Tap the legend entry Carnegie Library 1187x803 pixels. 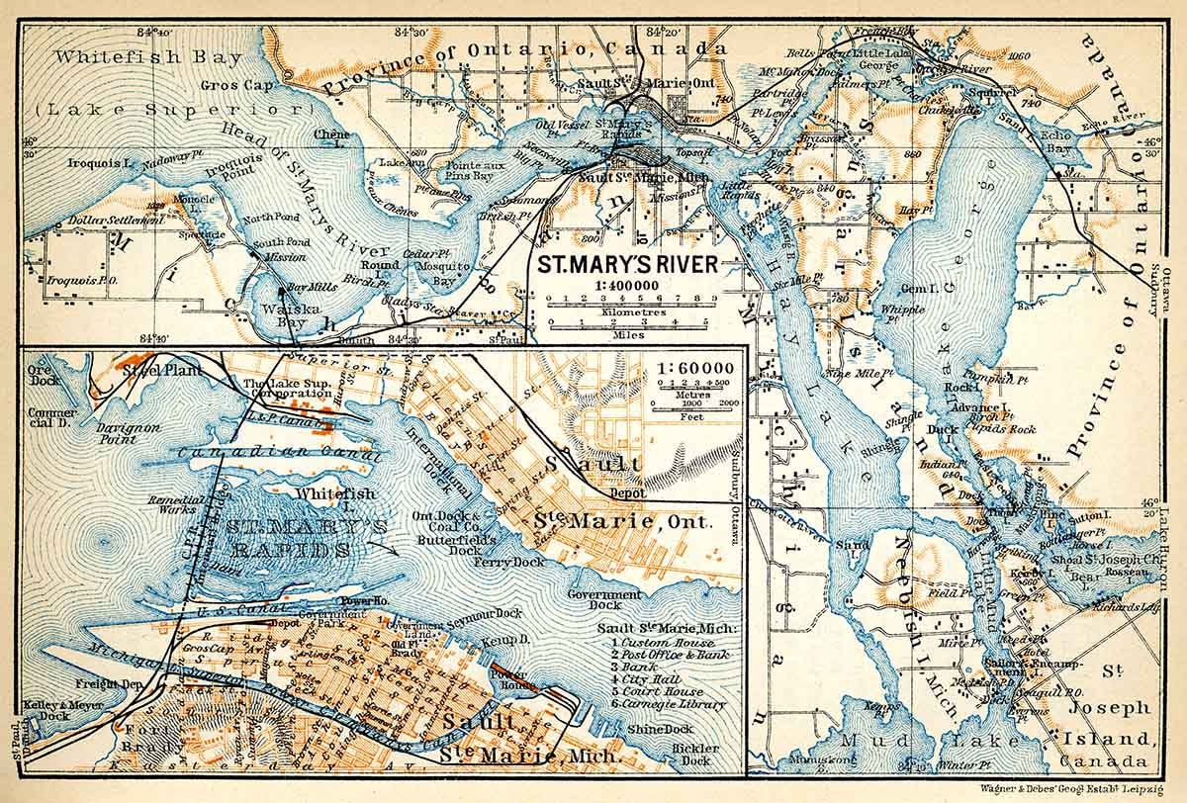[x=676, y=704]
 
